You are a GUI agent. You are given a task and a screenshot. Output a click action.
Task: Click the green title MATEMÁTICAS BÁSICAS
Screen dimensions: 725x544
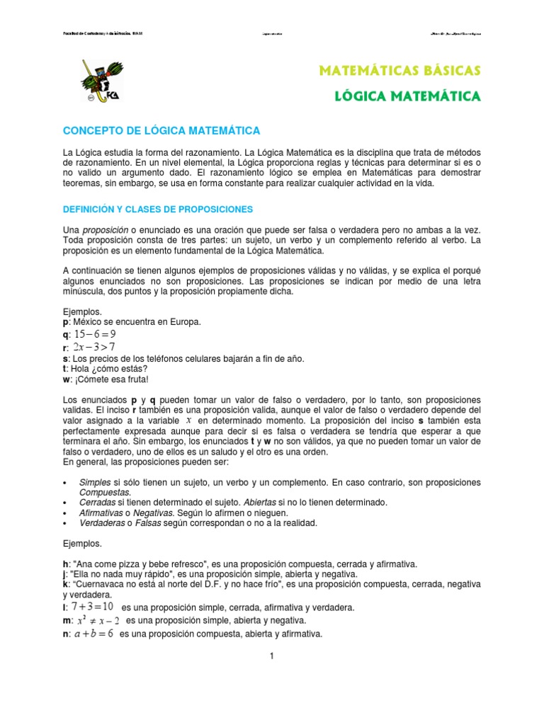click(x=401, y=70)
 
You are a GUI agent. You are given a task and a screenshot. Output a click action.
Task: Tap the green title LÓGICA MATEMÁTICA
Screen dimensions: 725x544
click(x=407, y=96)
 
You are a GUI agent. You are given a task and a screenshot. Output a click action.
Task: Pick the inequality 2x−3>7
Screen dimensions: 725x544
click(x=93, y=347)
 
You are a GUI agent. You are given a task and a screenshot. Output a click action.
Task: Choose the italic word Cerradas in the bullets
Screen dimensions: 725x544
click(x=98, y=502)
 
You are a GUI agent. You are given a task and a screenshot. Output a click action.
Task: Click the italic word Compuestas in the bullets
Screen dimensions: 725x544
click(x=105, y=492)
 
